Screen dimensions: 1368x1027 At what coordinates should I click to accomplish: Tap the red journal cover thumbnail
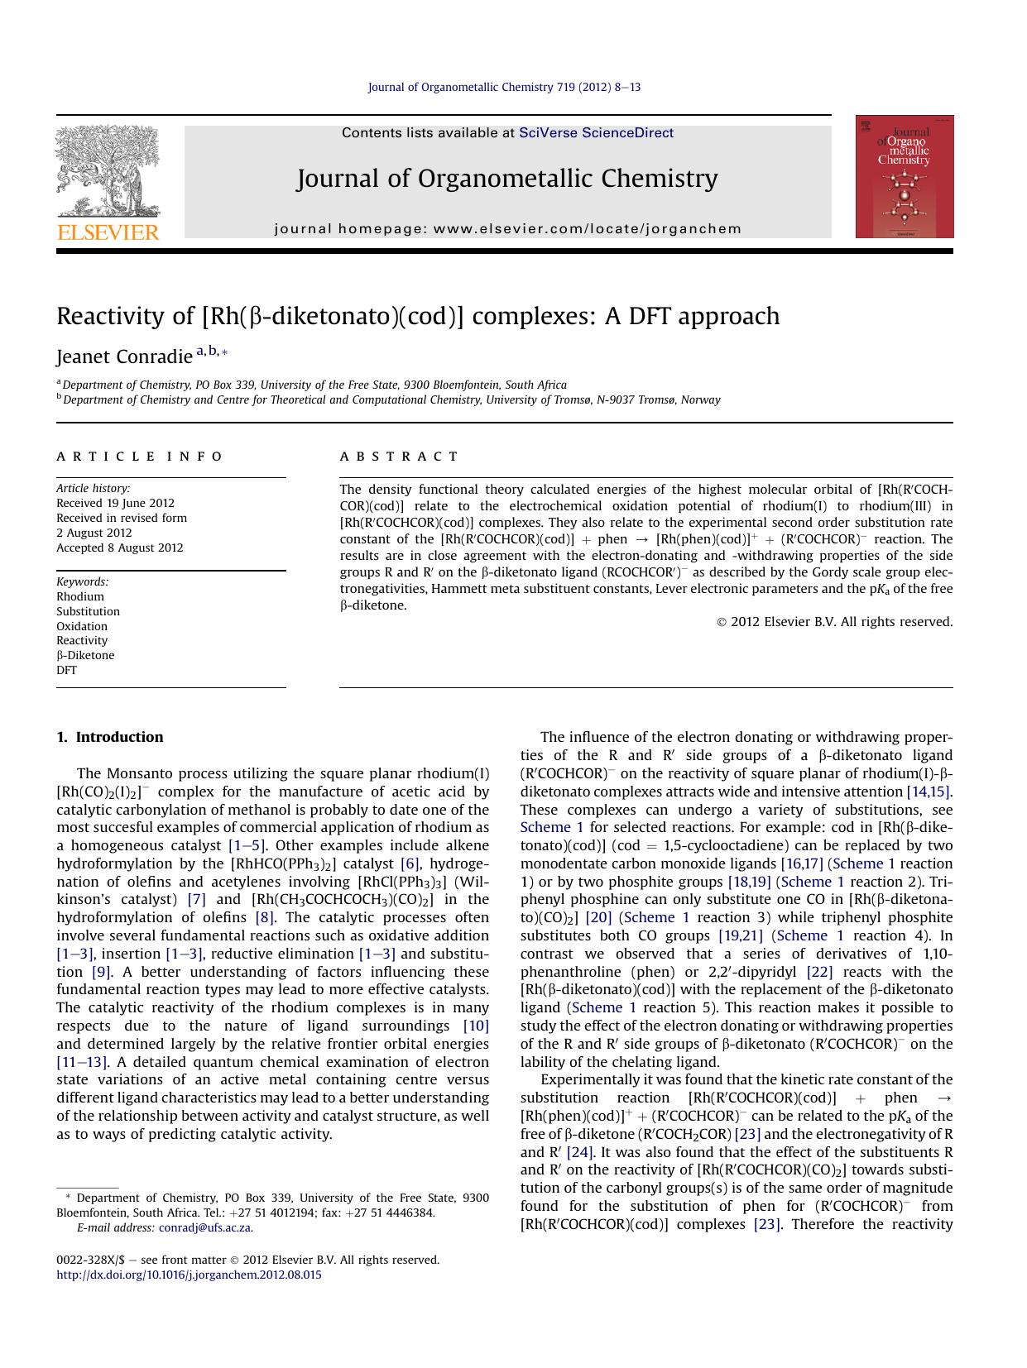tap(904, 177)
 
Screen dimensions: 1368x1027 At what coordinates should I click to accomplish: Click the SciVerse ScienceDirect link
tap(596, 133)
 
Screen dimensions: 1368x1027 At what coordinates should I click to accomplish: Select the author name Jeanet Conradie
tap(124, 357)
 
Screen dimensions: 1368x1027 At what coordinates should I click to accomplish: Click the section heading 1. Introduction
tap(110, 737)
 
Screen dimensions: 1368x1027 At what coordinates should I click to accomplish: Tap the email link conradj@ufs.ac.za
tap(205, 1227)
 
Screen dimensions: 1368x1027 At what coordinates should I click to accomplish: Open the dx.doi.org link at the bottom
tap(189, 1275)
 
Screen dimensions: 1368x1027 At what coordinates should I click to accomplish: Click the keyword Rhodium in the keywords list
tap(80, 596)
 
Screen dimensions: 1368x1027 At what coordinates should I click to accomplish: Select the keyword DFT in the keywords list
tap(66, 670)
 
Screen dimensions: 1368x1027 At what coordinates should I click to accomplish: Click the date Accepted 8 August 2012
tap(120, 548)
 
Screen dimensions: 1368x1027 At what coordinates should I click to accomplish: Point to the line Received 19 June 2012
tap(115, 503)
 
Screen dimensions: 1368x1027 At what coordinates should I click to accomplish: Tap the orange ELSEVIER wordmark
tap(108, 232)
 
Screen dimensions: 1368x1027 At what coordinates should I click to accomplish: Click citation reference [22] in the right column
tap(819, 972)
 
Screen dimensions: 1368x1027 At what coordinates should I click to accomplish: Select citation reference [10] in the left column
tap(476, 1026)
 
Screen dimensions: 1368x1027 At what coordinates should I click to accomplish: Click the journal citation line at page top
tap(504, 87)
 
